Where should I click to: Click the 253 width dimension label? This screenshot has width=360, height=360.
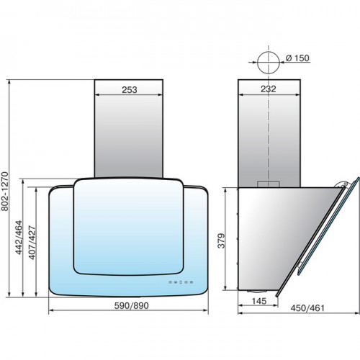130,90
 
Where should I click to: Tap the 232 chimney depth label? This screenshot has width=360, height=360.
269,89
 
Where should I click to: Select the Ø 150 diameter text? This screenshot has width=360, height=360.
297,58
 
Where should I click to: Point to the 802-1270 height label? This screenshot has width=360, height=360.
5,192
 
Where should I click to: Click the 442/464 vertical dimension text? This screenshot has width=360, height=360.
19,238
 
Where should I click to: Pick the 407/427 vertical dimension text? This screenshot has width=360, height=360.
32,243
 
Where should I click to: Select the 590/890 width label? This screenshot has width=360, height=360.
131,305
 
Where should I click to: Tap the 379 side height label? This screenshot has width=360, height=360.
222,240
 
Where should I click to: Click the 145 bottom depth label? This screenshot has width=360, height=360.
259,301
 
